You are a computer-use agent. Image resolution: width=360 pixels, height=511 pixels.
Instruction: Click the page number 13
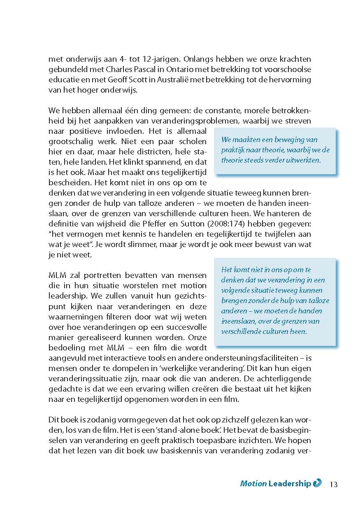(x=333, y=484)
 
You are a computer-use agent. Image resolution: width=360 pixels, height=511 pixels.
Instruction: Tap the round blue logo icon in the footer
(x=317, y=483)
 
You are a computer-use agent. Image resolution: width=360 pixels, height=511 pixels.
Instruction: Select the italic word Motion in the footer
(x=253, y=484)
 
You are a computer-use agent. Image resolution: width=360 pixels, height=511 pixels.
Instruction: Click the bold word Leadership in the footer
(x=290, y=484)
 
